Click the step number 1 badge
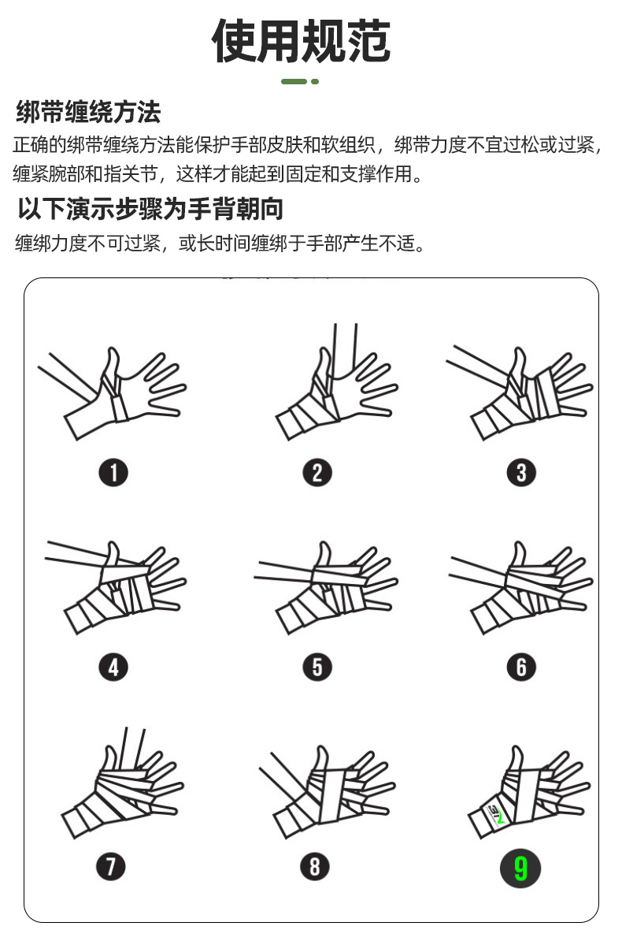(113, 472)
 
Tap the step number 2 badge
(317, 472)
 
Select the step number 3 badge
(521, 472)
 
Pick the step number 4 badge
(113, 667)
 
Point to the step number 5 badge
(317, 667)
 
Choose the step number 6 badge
(521, 667)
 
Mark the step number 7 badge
(111, 867)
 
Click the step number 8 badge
(315, 867)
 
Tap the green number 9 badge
(520, 868)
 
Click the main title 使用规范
(301, 41)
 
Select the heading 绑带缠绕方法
(89, 112)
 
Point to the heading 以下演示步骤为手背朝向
(150, 209)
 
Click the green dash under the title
(294, 82)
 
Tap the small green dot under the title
(315, 82)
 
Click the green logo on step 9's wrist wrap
(497, 814)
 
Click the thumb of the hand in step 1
(111, 366)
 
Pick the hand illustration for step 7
(122, 783)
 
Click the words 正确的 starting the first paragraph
(39, 145)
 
